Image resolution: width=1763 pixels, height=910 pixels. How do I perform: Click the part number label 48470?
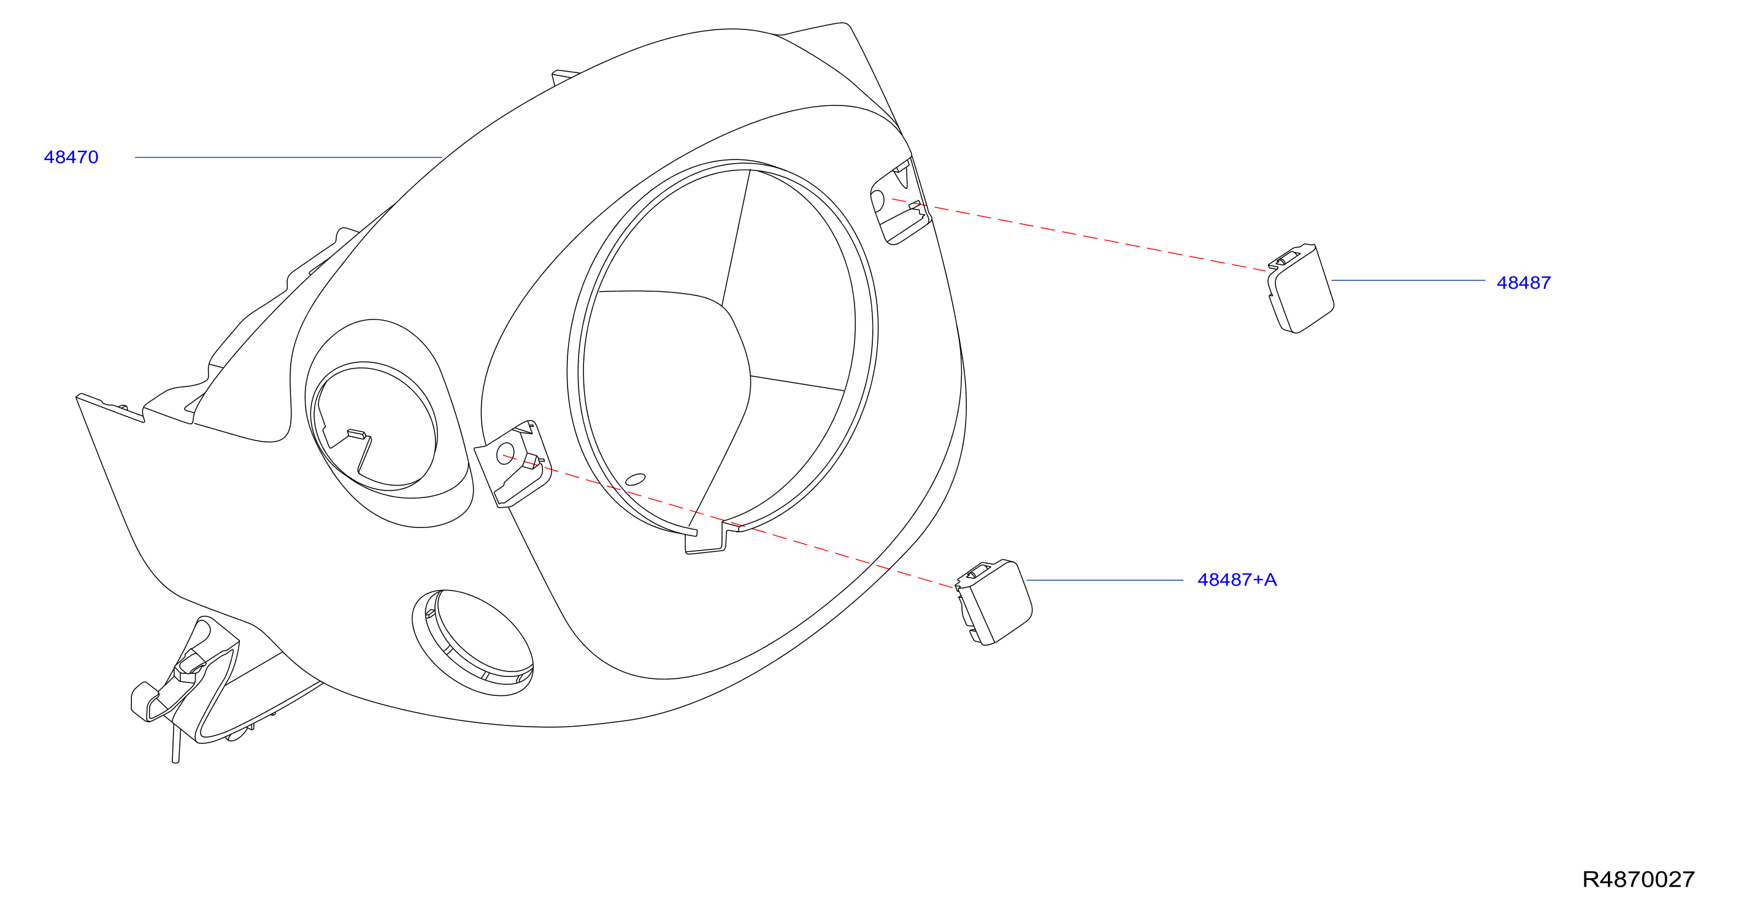pos(71,158)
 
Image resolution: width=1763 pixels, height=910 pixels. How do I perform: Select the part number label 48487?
pos(1524,283)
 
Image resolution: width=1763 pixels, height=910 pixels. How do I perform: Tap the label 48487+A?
pos(1237,579)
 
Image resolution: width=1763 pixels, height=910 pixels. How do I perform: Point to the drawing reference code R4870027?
pos(1638,879)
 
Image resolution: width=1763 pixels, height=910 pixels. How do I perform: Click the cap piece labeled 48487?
pos(1300,289)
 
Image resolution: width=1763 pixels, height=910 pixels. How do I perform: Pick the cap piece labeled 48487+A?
pos(994,602)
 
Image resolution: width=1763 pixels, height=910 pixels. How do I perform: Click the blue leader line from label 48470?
pos(288,158)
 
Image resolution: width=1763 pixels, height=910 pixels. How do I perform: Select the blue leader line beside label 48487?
pos(1408,280)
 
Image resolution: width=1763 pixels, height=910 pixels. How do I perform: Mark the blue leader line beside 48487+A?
pos(1105,580)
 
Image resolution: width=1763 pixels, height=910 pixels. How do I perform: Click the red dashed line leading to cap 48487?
pos(1078,235)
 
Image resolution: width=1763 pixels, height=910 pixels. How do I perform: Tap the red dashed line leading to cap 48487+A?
pos(729,521)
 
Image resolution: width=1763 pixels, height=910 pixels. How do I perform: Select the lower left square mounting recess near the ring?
pos(513,464)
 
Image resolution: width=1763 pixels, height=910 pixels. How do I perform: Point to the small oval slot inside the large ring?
pos(635,479)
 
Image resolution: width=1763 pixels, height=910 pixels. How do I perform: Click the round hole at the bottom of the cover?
pos(473,643)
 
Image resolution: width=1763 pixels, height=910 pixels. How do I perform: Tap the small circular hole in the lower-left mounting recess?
pos(505,454)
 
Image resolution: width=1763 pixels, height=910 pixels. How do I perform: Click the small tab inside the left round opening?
pos(357,433)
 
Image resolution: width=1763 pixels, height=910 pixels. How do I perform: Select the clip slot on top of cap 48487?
pos(1288,258)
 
